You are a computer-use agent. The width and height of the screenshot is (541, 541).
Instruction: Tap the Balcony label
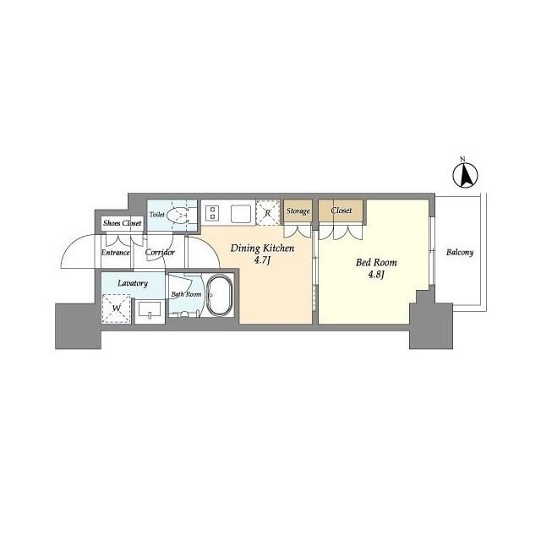click(459, 252)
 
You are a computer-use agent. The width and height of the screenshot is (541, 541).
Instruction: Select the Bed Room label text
click(376, 262)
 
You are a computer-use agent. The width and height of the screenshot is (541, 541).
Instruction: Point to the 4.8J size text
click(376, 275)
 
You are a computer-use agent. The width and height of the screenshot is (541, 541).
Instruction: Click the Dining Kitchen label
click(263, 248)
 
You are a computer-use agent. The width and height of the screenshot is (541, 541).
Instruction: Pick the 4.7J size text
click(263, 260)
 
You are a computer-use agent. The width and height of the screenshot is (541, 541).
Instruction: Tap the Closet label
click(342, 210)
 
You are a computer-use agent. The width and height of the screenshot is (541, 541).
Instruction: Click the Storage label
click(298, 210)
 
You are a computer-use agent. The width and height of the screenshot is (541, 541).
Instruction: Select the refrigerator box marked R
click(268, 212)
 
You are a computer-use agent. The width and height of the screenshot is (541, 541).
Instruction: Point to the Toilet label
click(157, 216)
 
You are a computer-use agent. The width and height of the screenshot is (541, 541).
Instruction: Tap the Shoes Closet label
click(123, 223)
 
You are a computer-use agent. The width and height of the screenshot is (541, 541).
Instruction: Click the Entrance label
click(115, 252)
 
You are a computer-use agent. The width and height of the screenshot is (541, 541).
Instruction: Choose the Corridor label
click(160, 252)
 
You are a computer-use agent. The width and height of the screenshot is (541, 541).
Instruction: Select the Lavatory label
click(134, 283)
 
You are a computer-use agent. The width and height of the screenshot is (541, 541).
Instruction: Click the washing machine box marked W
click(117, 308)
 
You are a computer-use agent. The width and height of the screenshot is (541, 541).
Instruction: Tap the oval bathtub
click(221, 297)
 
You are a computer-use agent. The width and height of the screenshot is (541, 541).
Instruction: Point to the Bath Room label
click(186, 294)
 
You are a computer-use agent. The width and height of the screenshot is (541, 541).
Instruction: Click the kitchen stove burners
click(211, 212)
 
